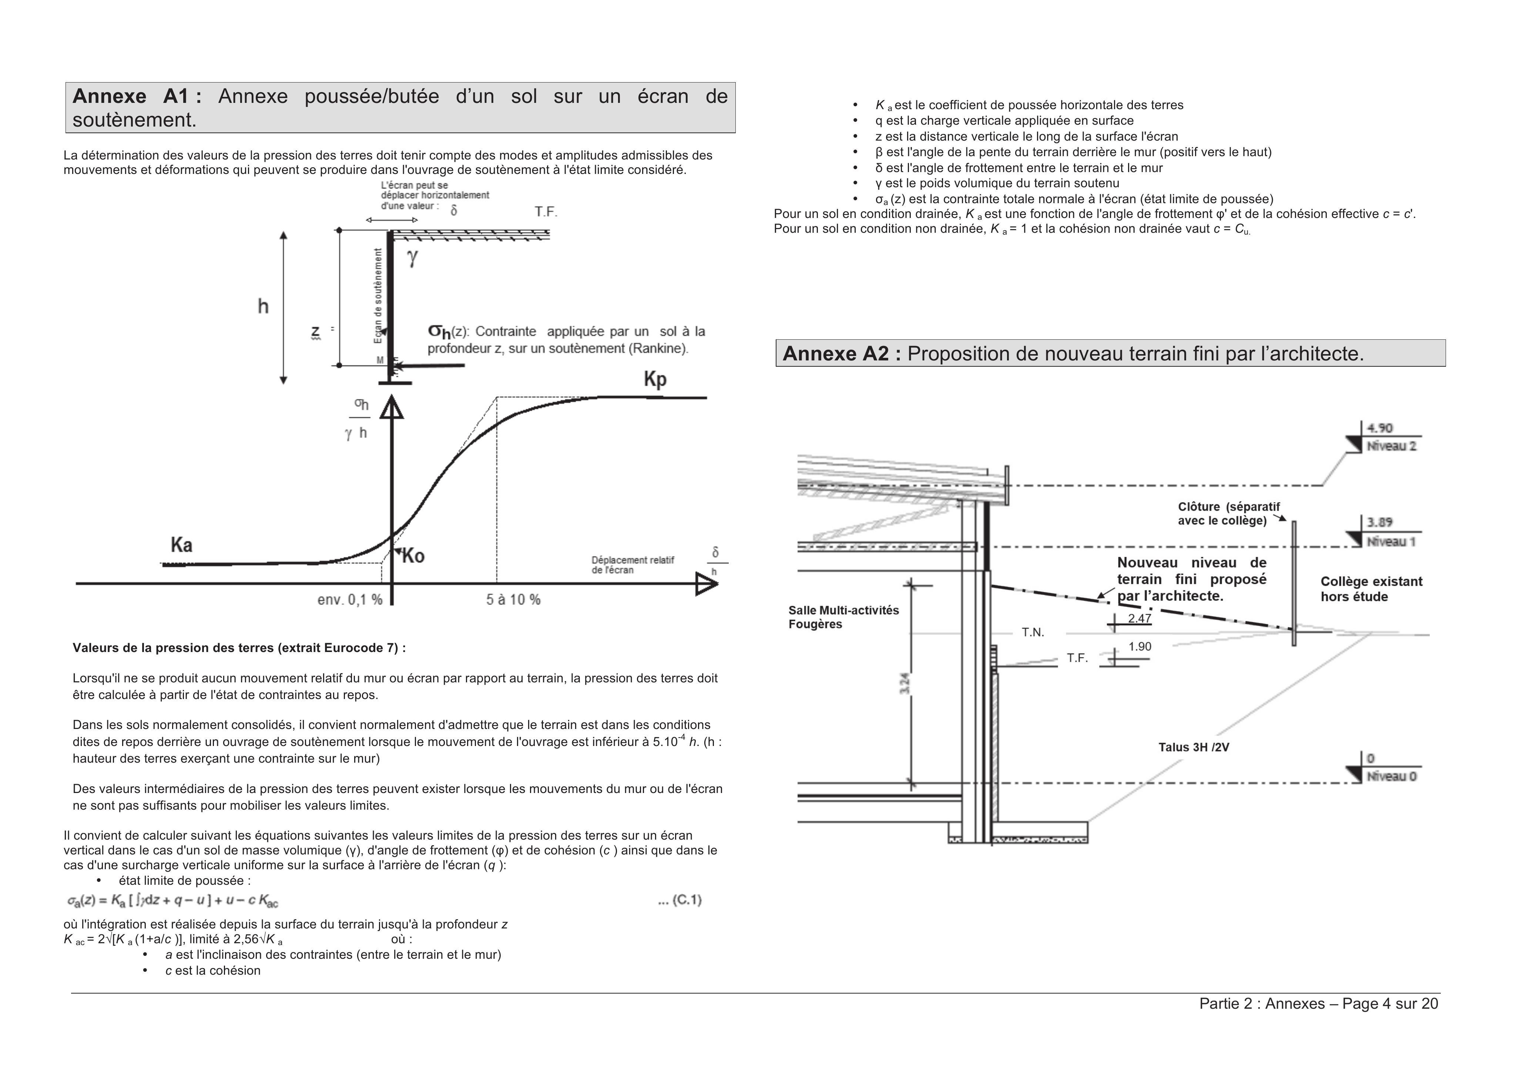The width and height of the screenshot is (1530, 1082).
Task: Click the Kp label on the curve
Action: (x=655, y=380)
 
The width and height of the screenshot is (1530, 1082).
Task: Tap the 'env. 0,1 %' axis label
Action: (x=350, y=599)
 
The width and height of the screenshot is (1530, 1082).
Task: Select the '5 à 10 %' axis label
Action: (x=513, y=599)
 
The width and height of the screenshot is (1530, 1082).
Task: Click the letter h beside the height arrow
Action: (x=263, y=306)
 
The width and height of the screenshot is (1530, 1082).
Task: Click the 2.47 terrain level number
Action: (x=1140, y=618)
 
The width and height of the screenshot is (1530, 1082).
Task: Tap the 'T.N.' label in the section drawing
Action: (x=1033, y=632)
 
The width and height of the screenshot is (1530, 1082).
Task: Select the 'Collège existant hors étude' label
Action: (x=1371, y=589)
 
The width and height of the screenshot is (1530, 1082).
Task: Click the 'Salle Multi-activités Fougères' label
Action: (x=843, y=617)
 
